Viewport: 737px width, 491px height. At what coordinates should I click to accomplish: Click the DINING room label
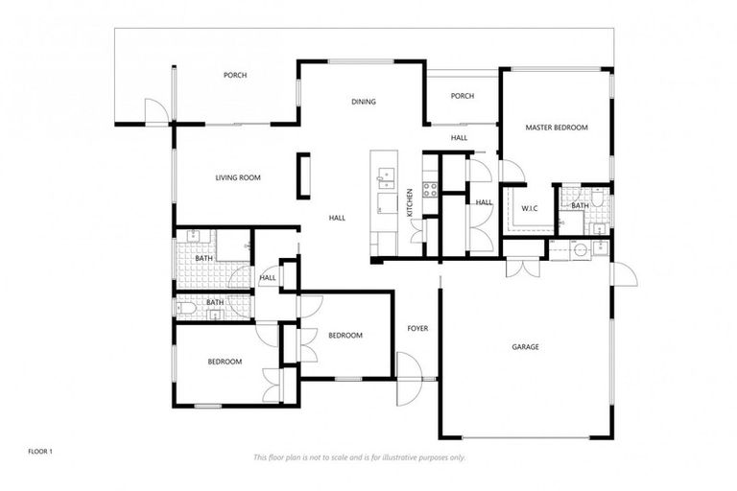point(363,102)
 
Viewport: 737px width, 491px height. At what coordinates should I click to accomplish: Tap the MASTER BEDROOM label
point(556,128)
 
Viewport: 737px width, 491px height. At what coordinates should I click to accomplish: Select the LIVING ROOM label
point(237,177)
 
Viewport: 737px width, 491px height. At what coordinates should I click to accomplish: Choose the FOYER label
point(417,329)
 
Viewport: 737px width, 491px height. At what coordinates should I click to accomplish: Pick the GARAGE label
point(524,346)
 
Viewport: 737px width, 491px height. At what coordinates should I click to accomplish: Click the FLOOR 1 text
point(39,450)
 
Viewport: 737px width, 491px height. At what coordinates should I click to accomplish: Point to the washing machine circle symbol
point(581,249)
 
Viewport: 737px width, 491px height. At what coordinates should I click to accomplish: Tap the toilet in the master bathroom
point(597,203)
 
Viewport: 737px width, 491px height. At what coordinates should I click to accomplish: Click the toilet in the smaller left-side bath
point(189,308)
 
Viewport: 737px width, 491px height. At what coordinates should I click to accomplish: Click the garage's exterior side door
point(624,273)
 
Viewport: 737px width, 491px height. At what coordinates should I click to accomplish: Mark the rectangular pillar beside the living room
point(304,175)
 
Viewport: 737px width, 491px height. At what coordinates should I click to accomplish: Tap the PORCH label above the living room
point(235,75)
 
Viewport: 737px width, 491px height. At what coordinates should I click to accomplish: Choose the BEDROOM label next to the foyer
point(345,335)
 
